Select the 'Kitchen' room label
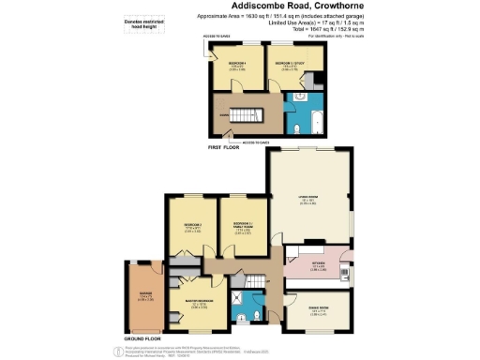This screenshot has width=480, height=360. [318, 265]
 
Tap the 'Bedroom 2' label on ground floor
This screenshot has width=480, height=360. [193, 226]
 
